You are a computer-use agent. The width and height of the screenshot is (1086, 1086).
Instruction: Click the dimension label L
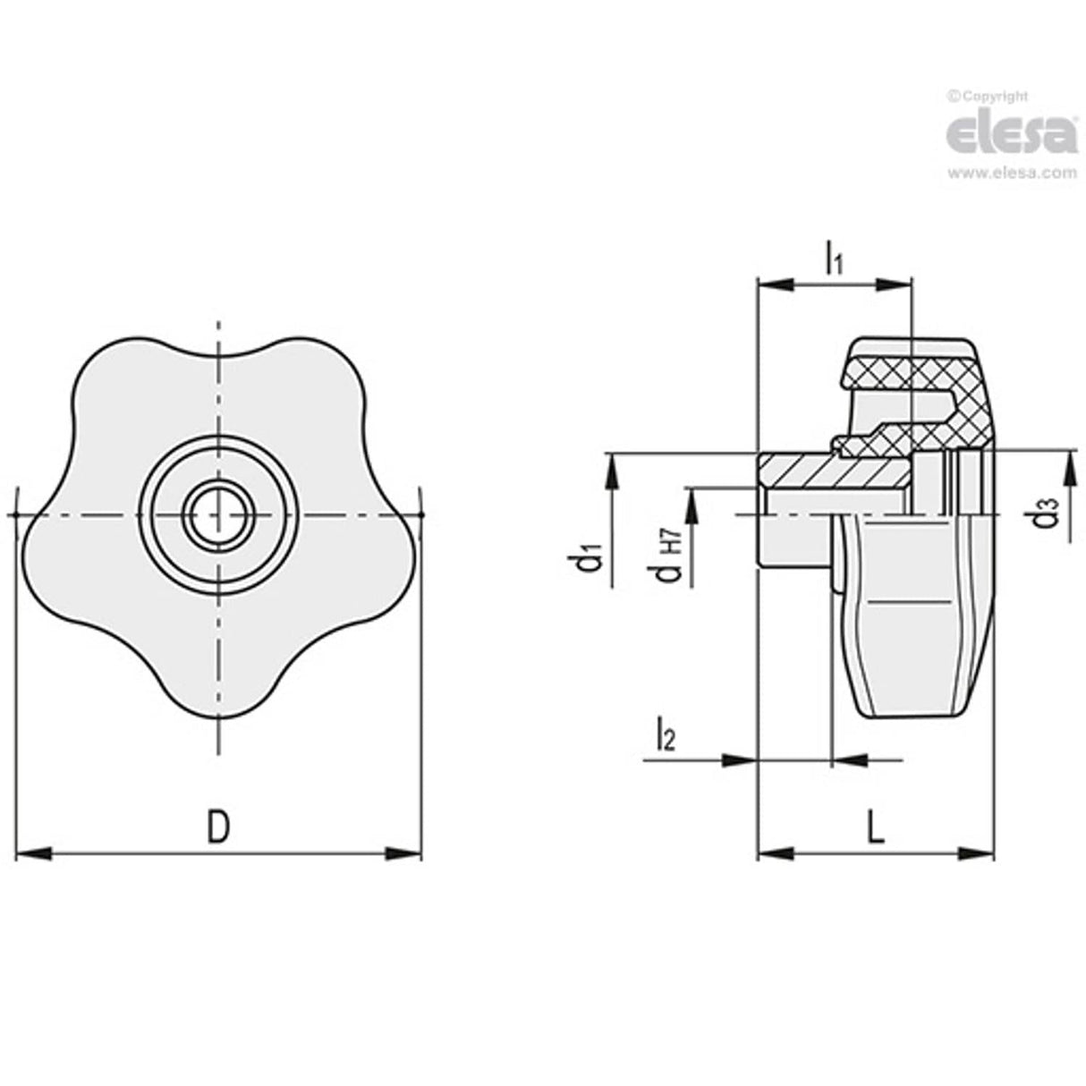(x=876, y=827)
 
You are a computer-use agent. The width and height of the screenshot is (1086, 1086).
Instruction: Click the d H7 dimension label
(x=670, y=554)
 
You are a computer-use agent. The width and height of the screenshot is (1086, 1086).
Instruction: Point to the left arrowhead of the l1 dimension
(x=775, y=284)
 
